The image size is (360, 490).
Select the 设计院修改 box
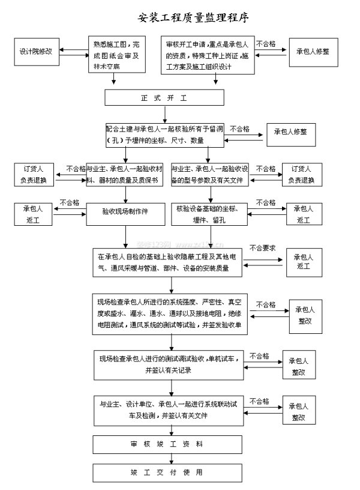pyautogui.click(x=35, y=52)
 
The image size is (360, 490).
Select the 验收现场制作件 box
pyautogui.click(x=125, y=211)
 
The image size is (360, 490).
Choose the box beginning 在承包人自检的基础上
pyautogui.click(x=168, y=262)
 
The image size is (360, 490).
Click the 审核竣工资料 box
pyautogui.click(x=167, y=444)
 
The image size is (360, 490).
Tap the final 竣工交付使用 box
pyautogui.click(x=167, y=473)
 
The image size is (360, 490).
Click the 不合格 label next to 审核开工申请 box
pyautogui.click(x=266, y=44)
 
